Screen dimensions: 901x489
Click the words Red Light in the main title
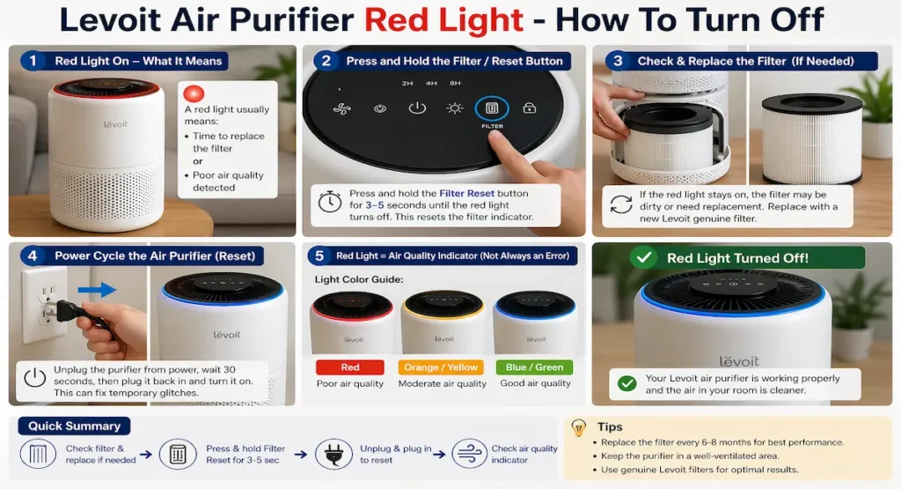pos(443,19)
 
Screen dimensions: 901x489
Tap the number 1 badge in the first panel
pos(33,61)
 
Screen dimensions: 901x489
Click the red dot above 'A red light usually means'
pos(194,93)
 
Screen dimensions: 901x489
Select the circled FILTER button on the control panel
pos(491,108)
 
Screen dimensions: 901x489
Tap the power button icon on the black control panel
pos(417,108)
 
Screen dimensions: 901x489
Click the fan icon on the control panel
pos(342,108)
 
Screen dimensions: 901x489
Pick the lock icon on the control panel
pos(529,107)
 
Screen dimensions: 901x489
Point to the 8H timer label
pos(455,84)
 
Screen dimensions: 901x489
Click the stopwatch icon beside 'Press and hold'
pos(330,202)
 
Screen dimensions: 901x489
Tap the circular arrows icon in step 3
pos(620,204)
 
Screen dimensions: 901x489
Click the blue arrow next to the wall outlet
pos(97,289)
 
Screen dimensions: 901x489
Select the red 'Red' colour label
pos(350,367)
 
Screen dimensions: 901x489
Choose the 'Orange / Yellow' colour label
pos(441,367)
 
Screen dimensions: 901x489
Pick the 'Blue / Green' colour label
pos(534,367)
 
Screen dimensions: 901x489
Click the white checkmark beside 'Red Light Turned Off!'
pos(643,257)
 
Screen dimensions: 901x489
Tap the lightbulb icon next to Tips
pos(579,427)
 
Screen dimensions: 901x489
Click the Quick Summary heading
pos(74,426)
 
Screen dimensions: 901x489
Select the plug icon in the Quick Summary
pos(333,454)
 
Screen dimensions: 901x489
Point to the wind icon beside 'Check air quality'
pos(470,454)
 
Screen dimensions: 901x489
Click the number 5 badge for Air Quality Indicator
pos(319,256)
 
